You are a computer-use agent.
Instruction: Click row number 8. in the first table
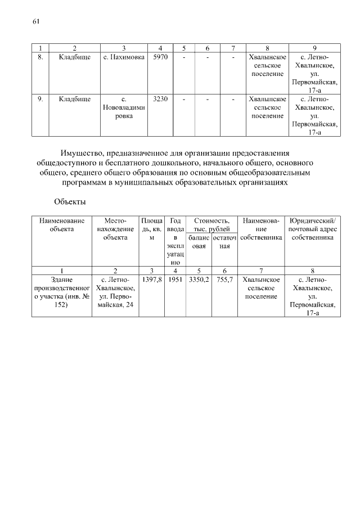coord(40,57)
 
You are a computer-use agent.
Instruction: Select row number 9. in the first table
coord(40,99)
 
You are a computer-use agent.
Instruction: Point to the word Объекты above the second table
coord(70,201)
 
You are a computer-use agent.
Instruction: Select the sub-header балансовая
coord(198,241)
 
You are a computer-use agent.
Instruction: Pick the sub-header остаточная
coord(224,241)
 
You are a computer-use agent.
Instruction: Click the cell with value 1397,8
coord(152,279)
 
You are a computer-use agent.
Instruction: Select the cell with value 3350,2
coord(198,279)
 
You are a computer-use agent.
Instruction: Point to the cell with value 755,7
coord(224,279)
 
